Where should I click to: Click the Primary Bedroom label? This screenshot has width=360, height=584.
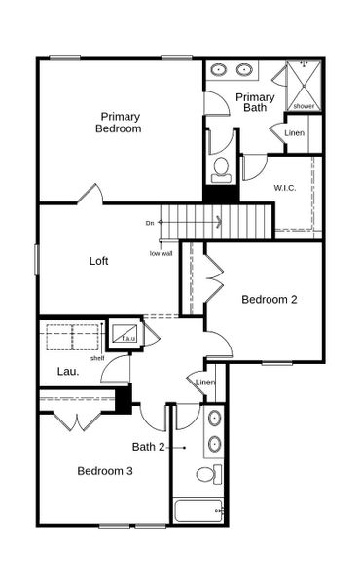[x=119, y=123]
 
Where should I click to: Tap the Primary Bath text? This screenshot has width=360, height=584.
[x=255, y=102]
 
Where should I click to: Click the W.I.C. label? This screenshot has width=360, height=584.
[x=285, y=187]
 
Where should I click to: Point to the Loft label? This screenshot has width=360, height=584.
[x=98, y=261]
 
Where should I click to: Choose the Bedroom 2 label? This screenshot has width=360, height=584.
[x=270, y=299]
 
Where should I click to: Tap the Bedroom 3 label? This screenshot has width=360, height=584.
[x=105, y=471]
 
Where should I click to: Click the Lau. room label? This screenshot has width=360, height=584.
[x=67, y=371]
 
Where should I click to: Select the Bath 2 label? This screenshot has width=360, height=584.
[x=149, y=447]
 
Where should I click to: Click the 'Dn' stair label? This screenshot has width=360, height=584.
[x=150, y=223]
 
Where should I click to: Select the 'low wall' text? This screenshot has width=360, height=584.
[x=162, y=254]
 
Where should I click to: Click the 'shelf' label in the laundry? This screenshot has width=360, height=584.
[x=97, y=357]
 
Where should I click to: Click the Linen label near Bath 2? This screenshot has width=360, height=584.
[x=205, y=383]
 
